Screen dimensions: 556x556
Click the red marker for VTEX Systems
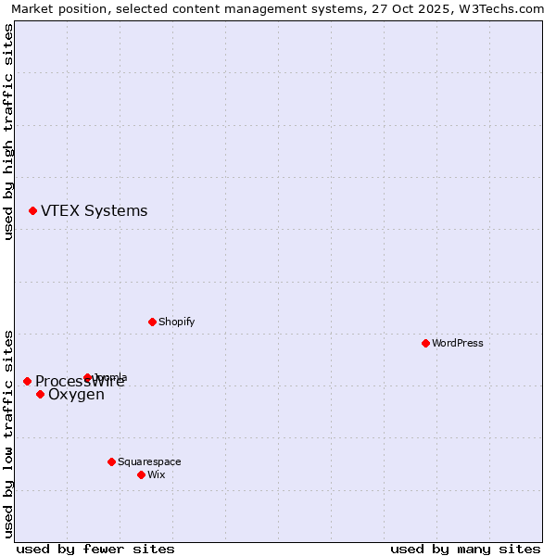(x=32, y=211)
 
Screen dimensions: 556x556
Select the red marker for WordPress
(x=425, y=343)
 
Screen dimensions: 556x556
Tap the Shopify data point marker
(x=152, y=322)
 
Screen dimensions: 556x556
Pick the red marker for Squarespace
(x=111, y=461)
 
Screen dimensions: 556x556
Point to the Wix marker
(x=141, y=474)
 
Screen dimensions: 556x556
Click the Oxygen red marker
(x=40, y=395)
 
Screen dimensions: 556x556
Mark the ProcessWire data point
(x=27, y=381)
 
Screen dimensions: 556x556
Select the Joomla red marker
(x=87, y=377)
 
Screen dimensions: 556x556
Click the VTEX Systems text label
(x=94, y=211)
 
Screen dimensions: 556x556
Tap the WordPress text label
(x=458, y=343)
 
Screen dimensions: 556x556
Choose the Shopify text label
(x=176, y=322)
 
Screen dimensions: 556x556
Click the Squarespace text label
(x=149, y=461)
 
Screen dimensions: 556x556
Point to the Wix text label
(x=156, y=474)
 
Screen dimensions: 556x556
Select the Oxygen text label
(x=76, y=395)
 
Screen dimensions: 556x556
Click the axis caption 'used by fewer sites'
(x=95, y=549)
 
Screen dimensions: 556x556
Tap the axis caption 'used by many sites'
(x=465, y=549)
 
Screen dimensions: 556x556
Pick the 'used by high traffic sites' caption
(x=8, y=132)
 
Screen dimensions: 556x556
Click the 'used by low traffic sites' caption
(x=8, y=433)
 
